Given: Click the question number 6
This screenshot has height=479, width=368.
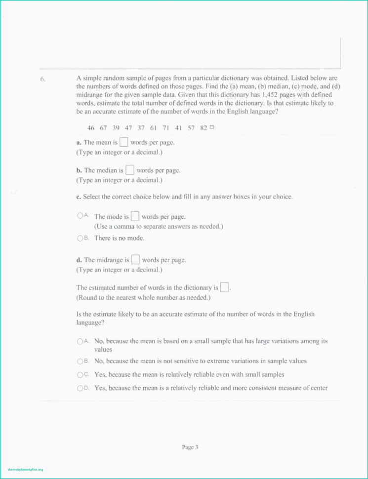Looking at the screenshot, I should (43, 79).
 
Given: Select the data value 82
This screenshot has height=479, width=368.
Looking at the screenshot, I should (204, 128).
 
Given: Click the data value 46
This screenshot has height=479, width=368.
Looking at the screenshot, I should (91, 128).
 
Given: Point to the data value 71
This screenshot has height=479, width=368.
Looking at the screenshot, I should (166, 128).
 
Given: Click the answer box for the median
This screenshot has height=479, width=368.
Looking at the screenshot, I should (129, 170).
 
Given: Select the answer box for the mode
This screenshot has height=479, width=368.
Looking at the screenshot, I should (135, 216).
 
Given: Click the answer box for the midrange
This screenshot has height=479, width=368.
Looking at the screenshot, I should (135, 259).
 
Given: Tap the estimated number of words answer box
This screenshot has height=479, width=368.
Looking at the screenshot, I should (224, 287).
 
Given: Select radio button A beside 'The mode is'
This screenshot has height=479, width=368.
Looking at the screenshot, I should (80, 216).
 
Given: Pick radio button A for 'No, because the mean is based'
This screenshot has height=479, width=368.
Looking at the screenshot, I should (80, 341).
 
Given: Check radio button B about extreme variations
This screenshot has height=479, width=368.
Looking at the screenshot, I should (80, 361).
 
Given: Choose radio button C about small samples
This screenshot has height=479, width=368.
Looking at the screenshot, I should (80, 374).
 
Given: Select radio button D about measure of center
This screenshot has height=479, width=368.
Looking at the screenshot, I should (80, 388).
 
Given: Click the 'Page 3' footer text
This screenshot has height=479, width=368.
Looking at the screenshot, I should (190, 447).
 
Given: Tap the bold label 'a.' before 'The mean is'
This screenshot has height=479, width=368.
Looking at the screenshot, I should (79, 143).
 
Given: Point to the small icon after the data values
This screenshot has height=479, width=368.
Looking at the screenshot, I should (212, 127).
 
